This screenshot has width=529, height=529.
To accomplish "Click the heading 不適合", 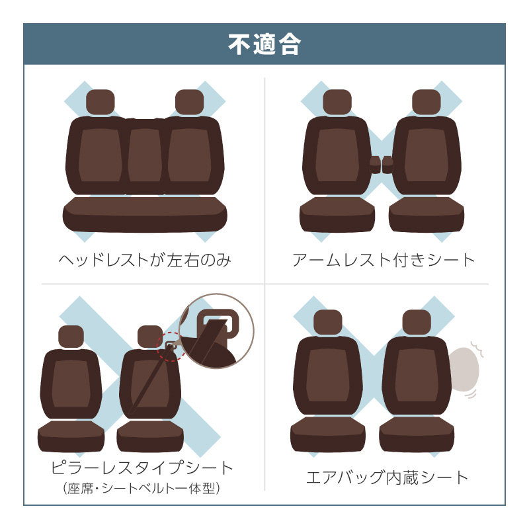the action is [264, 44].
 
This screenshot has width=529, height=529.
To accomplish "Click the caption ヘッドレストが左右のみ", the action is [145, 260].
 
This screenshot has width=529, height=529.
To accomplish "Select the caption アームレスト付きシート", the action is [384, 260].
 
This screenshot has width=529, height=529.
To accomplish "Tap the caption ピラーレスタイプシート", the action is [142, 468].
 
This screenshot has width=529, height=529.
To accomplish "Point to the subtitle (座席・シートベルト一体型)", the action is [142, 488].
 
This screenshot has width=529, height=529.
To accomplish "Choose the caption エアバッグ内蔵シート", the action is [387, 477].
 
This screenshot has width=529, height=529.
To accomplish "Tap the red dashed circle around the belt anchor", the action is [171, 346].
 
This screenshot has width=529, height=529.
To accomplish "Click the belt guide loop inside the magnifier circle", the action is [218, 321].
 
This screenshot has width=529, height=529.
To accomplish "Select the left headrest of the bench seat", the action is [101, 102].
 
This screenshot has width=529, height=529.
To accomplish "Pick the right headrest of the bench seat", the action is [190, 102].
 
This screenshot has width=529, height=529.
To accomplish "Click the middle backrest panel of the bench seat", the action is [145, 156].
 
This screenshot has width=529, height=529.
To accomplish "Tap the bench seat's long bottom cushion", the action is [145, 215].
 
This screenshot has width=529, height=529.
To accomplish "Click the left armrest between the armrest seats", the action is [376, 164].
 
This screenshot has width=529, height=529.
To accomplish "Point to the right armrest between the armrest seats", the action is [387, 164].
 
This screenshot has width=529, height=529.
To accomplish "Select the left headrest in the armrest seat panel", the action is [337, 102].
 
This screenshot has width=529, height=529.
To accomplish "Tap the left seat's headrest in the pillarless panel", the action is [71, 337].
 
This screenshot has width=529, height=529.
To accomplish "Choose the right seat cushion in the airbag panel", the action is [417, 434].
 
